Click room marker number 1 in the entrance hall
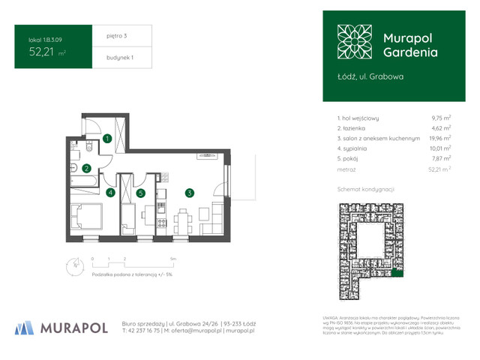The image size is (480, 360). pos(108,139)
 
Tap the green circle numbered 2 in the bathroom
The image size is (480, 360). pos(87,169)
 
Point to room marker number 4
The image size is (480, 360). pos(110,193)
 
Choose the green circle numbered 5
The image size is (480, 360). pos(140,193)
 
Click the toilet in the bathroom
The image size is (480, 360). pos(88,146)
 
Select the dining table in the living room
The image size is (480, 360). pos(183,220)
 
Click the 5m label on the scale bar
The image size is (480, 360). pos(173,258)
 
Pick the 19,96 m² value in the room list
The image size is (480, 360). pos(439,138)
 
